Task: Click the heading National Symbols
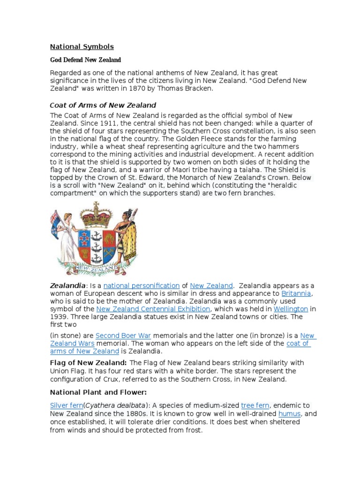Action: tap(82, 46)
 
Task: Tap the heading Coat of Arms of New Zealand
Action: tap(103, 105)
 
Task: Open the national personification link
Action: tap(142, 285)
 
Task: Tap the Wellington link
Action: tap(291, 309)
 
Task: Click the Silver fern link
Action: tap(67, 405)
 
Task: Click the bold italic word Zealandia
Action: tap(68, 285)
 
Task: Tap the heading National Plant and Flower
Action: tap(98, 392)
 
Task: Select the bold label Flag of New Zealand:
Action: tap(88, 363)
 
